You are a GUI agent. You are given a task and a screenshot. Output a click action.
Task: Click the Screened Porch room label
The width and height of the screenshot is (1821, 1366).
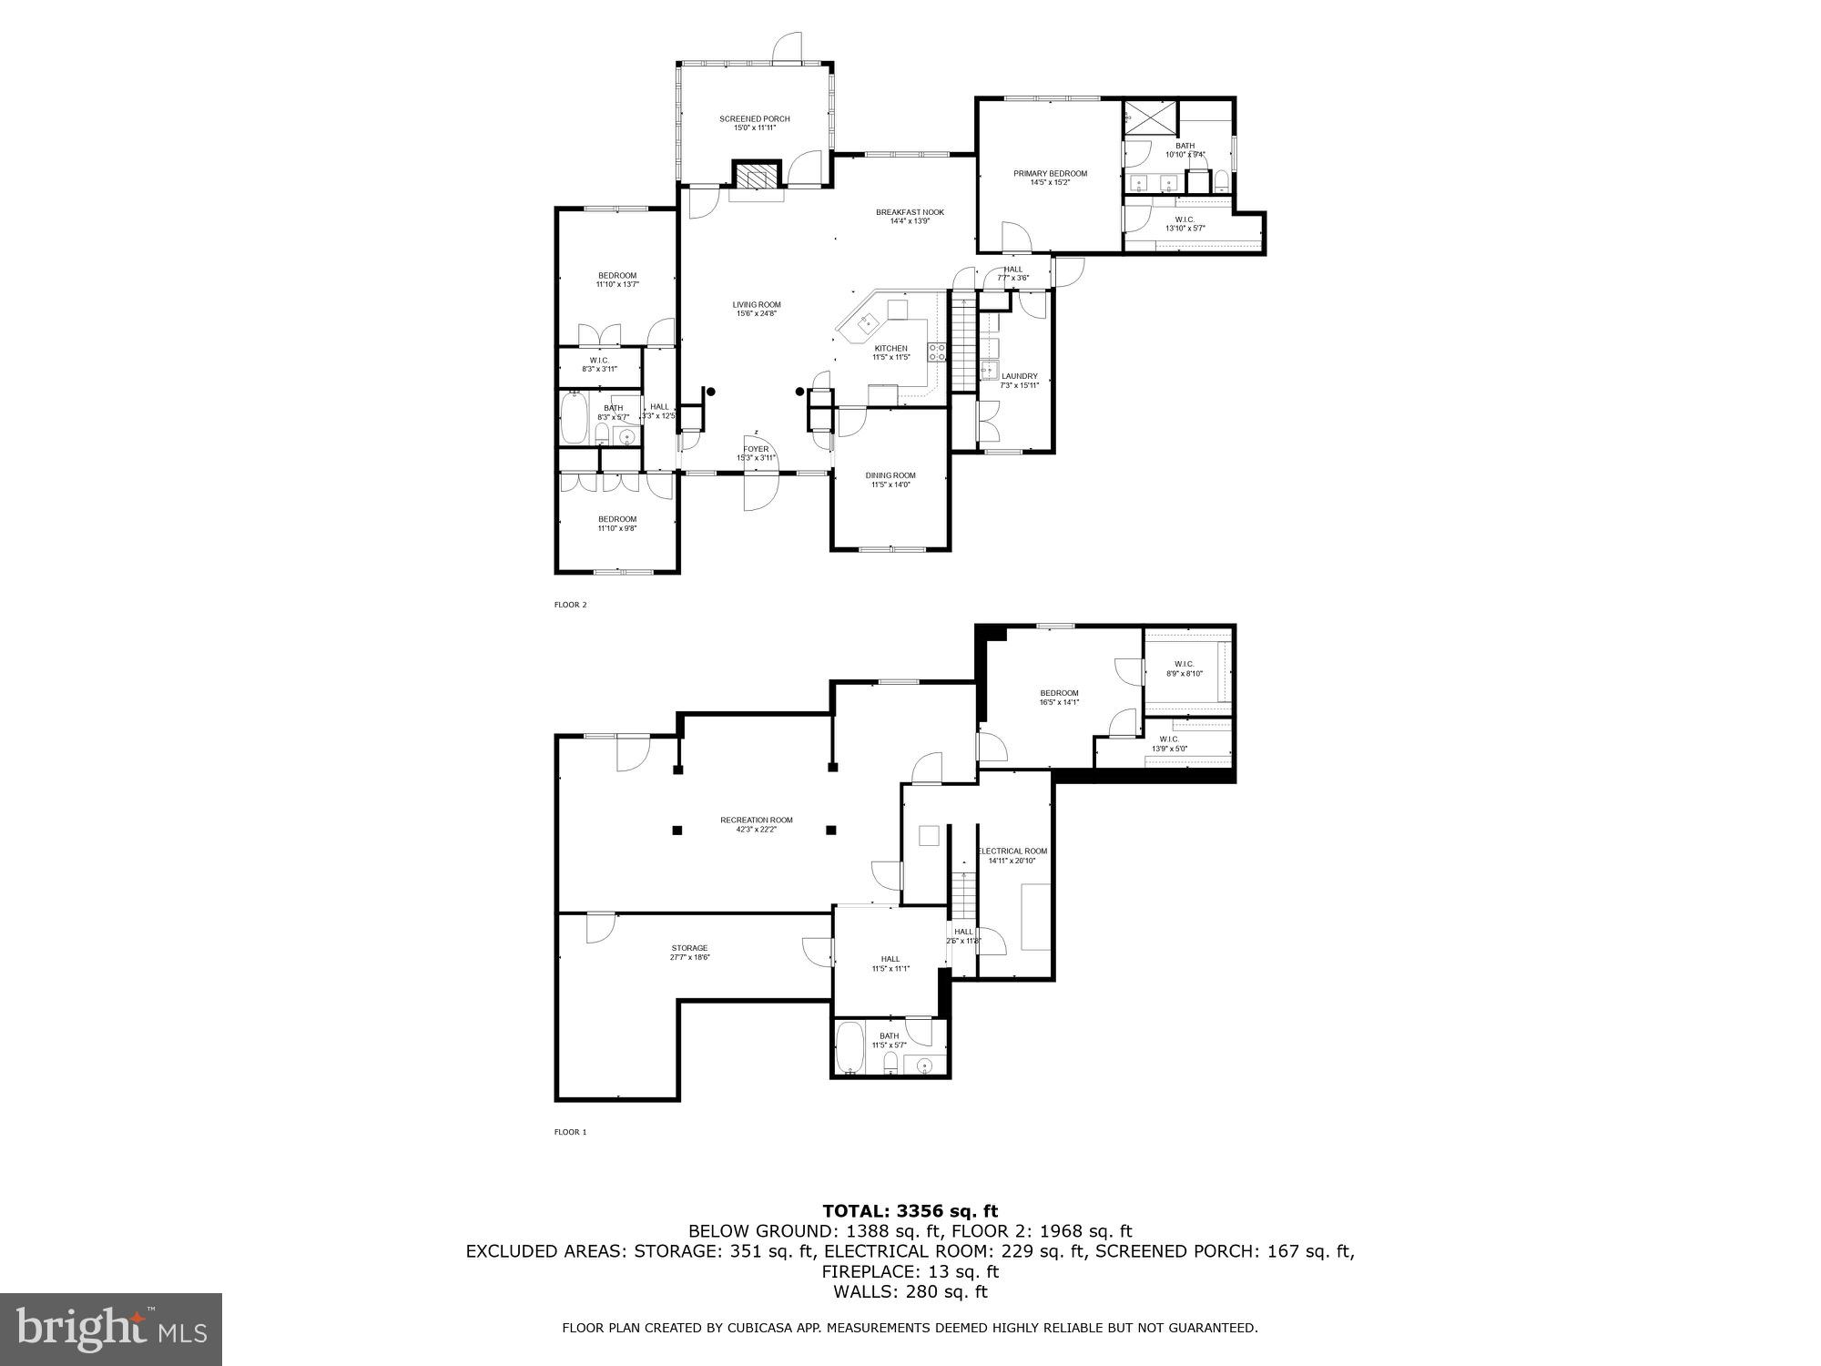click(x=754, y=118)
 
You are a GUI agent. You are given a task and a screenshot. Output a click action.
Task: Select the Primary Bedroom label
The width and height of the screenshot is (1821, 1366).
click(x=1050, y=173)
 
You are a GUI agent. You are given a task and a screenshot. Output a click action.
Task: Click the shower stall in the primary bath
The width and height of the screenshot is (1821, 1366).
click(x=1138, y=117)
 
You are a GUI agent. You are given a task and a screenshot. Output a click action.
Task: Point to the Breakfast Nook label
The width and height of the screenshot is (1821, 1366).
click(x=910, y=212)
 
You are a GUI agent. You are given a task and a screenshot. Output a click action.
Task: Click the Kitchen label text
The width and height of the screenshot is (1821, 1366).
click(x=890, y=348)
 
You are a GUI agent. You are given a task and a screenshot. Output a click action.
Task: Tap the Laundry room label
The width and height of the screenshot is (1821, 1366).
click(x=1019, y=375)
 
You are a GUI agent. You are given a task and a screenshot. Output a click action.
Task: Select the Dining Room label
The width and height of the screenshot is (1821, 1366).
click(x=890, y=475)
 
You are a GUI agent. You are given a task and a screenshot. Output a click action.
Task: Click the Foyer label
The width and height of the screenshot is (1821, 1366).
click(x=756, y=449)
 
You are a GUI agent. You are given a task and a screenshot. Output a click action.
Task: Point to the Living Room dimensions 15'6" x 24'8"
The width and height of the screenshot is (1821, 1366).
click(x=757, y=314)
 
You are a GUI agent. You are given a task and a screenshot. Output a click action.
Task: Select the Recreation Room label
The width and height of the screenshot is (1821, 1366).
click(x=756, y=820)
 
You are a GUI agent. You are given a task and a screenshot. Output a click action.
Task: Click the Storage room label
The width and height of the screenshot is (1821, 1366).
click(x=689, y=948)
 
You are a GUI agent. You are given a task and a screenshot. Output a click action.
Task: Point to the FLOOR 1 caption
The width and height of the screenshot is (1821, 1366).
click(x=571, y=1132)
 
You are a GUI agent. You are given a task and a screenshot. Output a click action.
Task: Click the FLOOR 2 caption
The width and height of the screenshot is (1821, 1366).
click(x=571, y=604)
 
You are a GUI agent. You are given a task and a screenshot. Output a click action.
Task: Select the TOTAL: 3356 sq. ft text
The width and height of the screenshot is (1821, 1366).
click(x=910, y=1210)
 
